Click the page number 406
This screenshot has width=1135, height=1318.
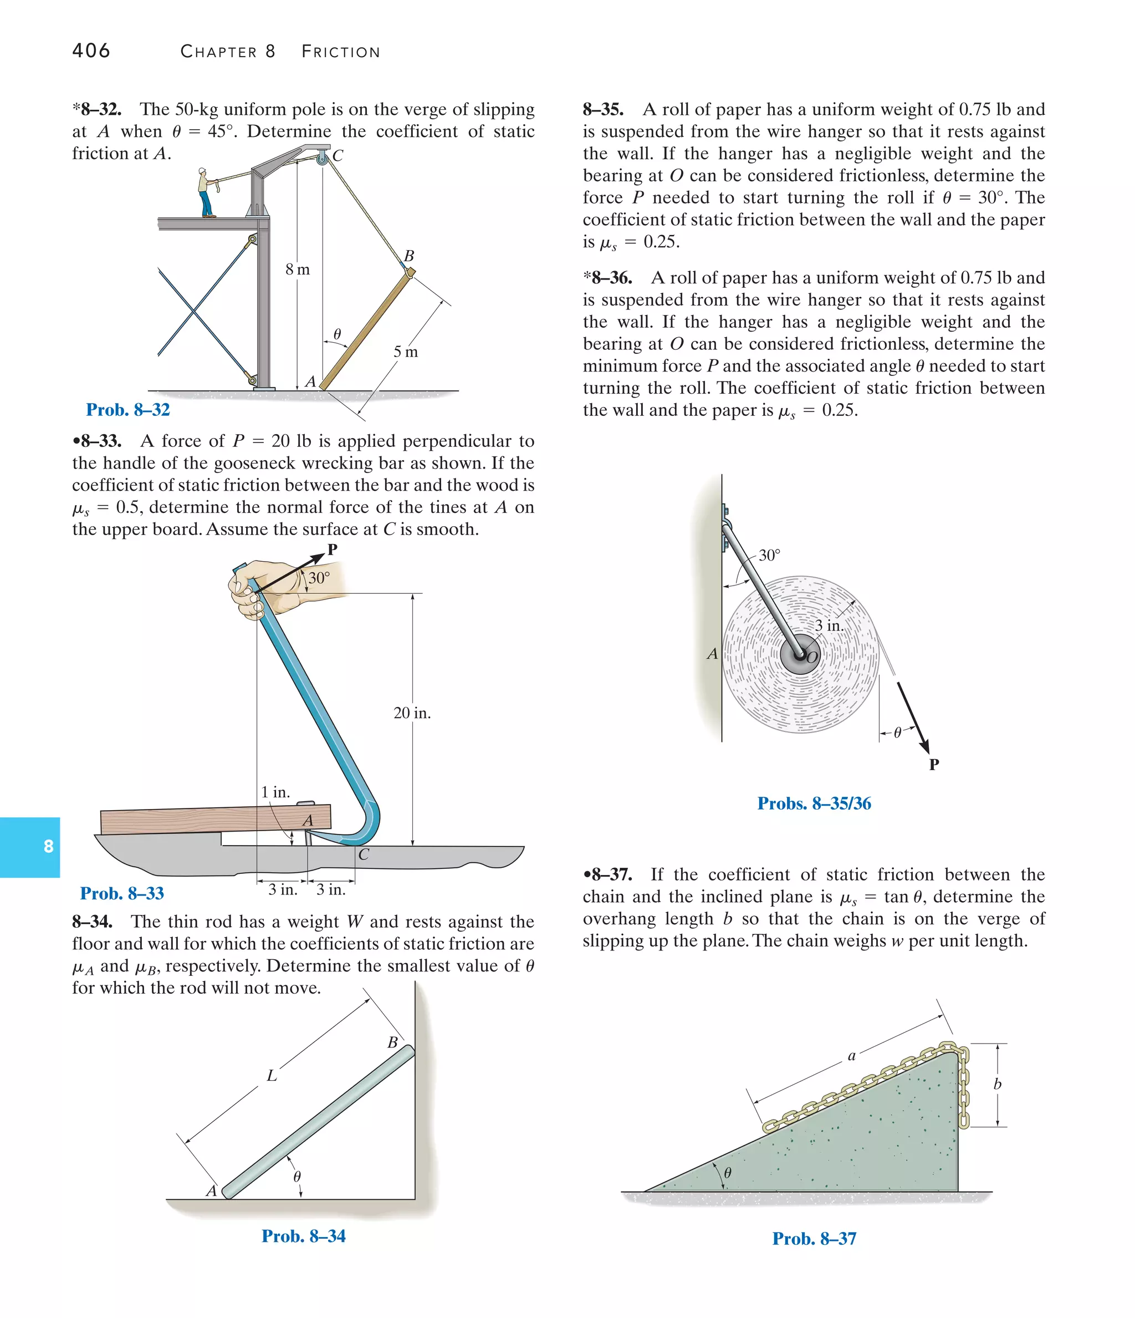click(91, 50)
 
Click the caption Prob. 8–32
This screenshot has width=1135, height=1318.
click(128, 410)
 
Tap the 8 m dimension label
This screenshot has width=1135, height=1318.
click(298, 269)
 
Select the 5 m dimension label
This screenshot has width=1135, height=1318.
click(406, 352)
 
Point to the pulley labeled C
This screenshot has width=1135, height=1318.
click(323, 157)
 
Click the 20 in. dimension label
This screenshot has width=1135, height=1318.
click(412, 713)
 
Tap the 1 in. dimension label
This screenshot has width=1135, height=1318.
click(275, 792)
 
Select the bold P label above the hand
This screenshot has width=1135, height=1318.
click(332, 549)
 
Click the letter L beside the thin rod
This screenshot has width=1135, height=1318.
click(272, 1076)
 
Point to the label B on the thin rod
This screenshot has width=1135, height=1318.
click(392, 1042)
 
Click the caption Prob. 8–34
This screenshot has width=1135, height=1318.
click(303, 1236)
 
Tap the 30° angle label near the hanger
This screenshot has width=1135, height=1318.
click(769, 556)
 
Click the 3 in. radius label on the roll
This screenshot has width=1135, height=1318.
click(829, 626)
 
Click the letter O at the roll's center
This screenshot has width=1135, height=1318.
click(812, 658)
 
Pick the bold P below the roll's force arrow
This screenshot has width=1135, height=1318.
click(933, 765)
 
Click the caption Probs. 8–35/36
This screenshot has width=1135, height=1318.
click(814, 803)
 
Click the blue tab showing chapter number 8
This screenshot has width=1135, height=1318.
click(30, 847)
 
